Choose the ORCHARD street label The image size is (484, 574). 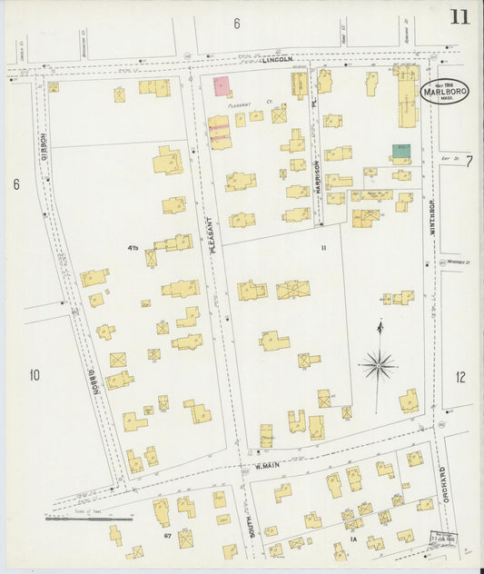tap(443, 490)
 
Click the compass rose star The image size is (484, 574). tap(379, 365)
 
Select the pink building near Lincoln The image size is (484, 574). tap(222, 86)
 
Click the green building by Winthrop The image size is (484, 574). tap(400, 150)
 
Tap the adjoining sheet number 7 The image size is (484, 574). tap(469, 161)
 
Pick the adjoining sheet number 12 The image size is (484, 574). tap(460, 377)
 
